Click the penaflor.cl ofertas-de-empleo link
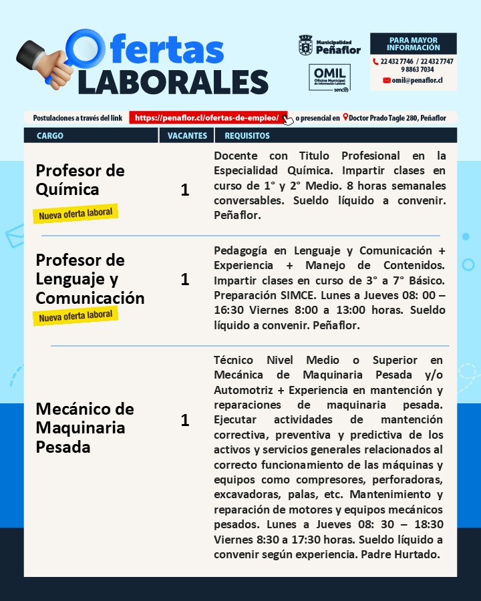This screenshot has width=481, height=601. [208, 118]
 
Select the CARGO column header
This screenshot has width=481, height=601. [50, 136]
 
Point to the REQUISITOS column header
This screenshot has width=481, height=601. [247, 136]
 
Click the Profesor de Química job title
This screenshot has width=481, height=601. [80, 180]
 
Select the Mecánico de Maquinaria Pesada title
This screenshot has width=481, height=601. [85, 427]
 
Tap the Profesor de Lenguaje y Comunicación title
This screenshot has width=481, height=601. [90, 278]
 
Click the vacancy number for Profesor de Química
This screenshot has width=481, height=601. [185, 190]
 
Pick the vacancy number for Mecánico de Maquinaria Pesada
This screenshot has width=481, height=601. [185, 420]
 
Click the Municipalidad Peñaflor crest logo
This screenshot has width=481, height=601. [306, 45]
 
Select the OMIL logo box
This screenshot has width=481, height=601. [329, 77]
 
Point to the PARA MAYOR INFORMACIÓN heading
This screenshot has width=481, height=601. [413, 44]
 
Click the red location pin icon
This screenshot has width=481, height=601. [345, 118]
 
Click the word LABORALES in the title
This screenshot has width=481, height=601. [173, 81]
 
